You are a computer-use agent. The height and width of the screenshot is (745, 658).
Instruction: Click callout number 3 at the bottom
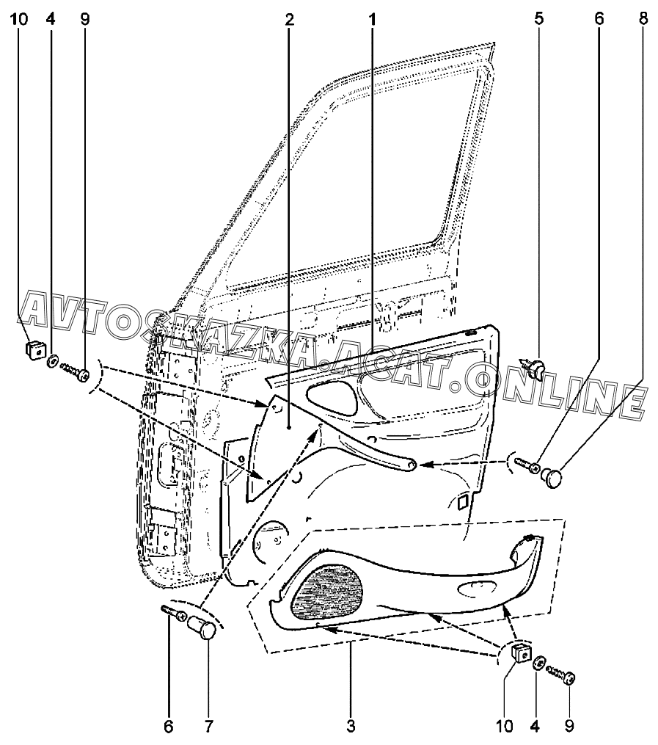pyautogui.click(x=351, y=727)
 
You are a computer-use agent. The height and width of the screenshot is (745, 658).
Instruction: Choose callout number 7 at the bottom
pyautogui.click(x=208, y=727)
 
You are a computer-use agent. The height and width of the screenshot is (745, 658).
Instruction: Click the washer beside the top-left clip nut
pyautogui.click(x=54, y=361)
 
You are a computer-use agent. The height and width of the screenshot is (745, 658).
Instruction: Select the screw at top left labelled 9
pyautogui.click(x=76, y=371)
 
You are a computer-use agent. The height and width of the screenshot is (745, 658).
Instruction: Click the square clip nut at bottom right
pyautogui.click(x=519, y=651)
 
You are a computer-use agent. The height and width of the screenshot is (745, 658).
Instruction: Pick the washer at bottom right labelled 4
pyautogui.click(x=539, y=663)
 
